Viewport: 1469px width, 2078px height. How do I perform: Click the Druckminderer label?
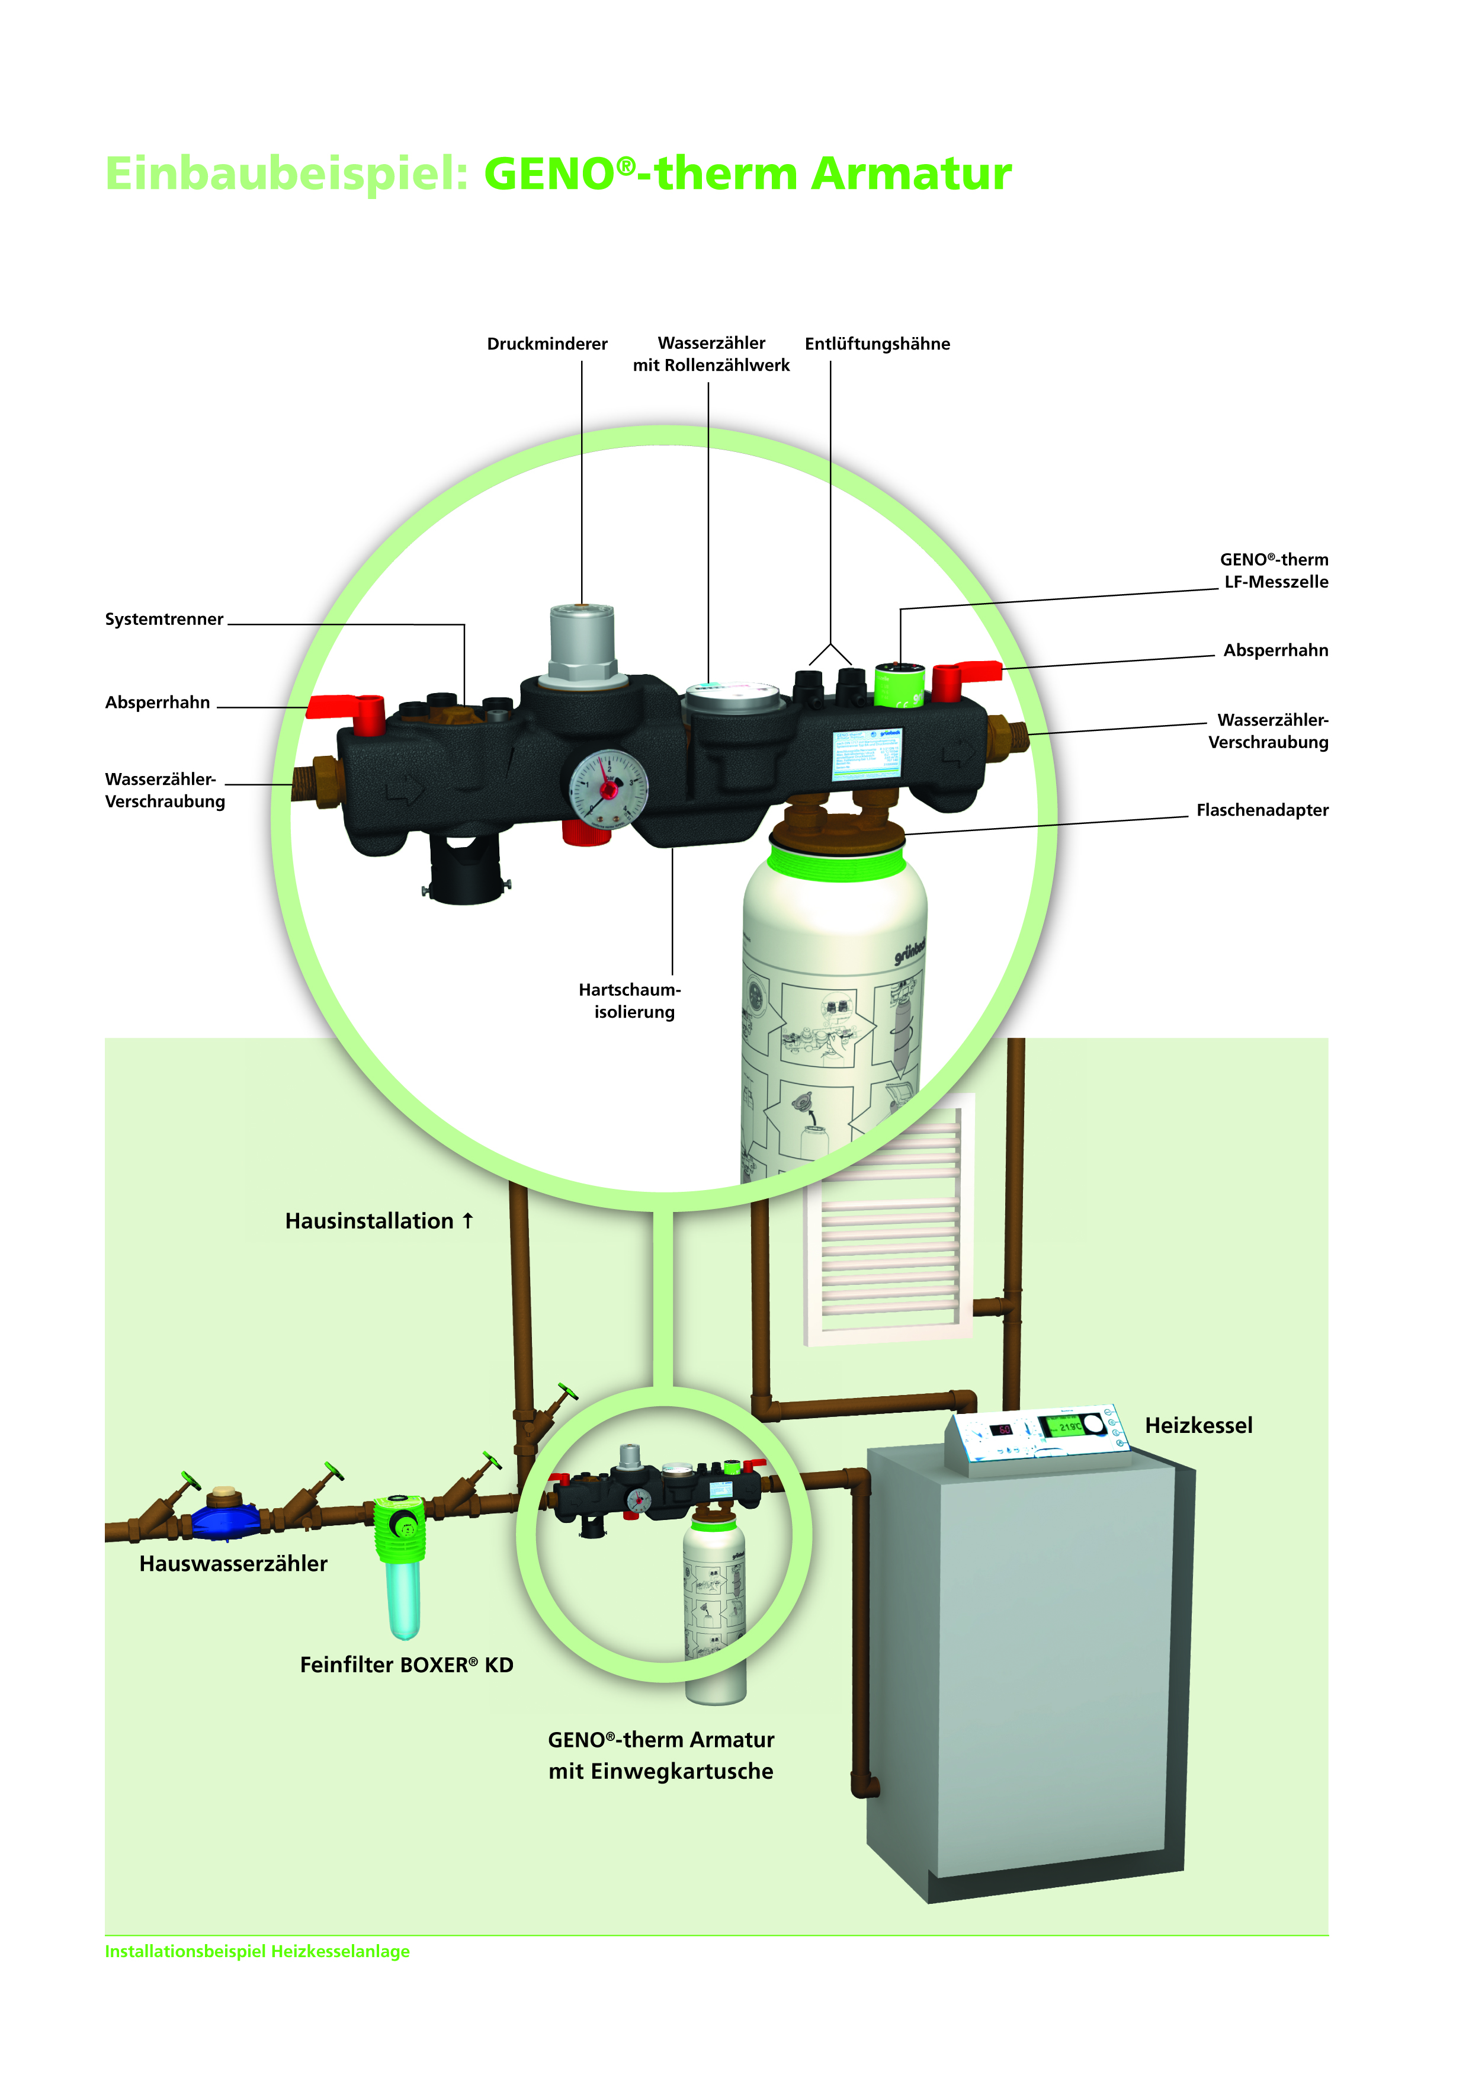tap(547, 344)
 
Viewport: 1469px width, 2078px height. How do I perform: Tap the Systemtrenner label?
tap(164, 619)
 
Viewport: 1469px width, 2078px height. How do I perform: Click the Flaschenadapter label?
tap(1262, 810)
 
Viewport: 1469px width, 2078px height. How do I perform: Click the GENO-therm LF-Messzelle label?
tap(1274, 571)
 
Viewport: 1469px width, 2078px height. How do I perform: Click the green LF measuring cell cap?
tap(899, 685)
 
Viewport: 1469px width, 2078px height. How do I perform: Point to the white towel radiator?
tap(890, 1222)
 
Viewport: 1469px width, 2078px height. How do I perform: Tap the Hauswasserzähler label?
tap(233, 1564)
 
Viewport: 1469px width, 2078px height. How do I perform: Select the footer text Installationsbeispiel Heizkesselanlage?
tap(257, 1951)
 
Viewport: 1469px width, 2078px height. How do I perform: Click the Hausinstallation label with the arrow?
tap(379, 1221)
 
